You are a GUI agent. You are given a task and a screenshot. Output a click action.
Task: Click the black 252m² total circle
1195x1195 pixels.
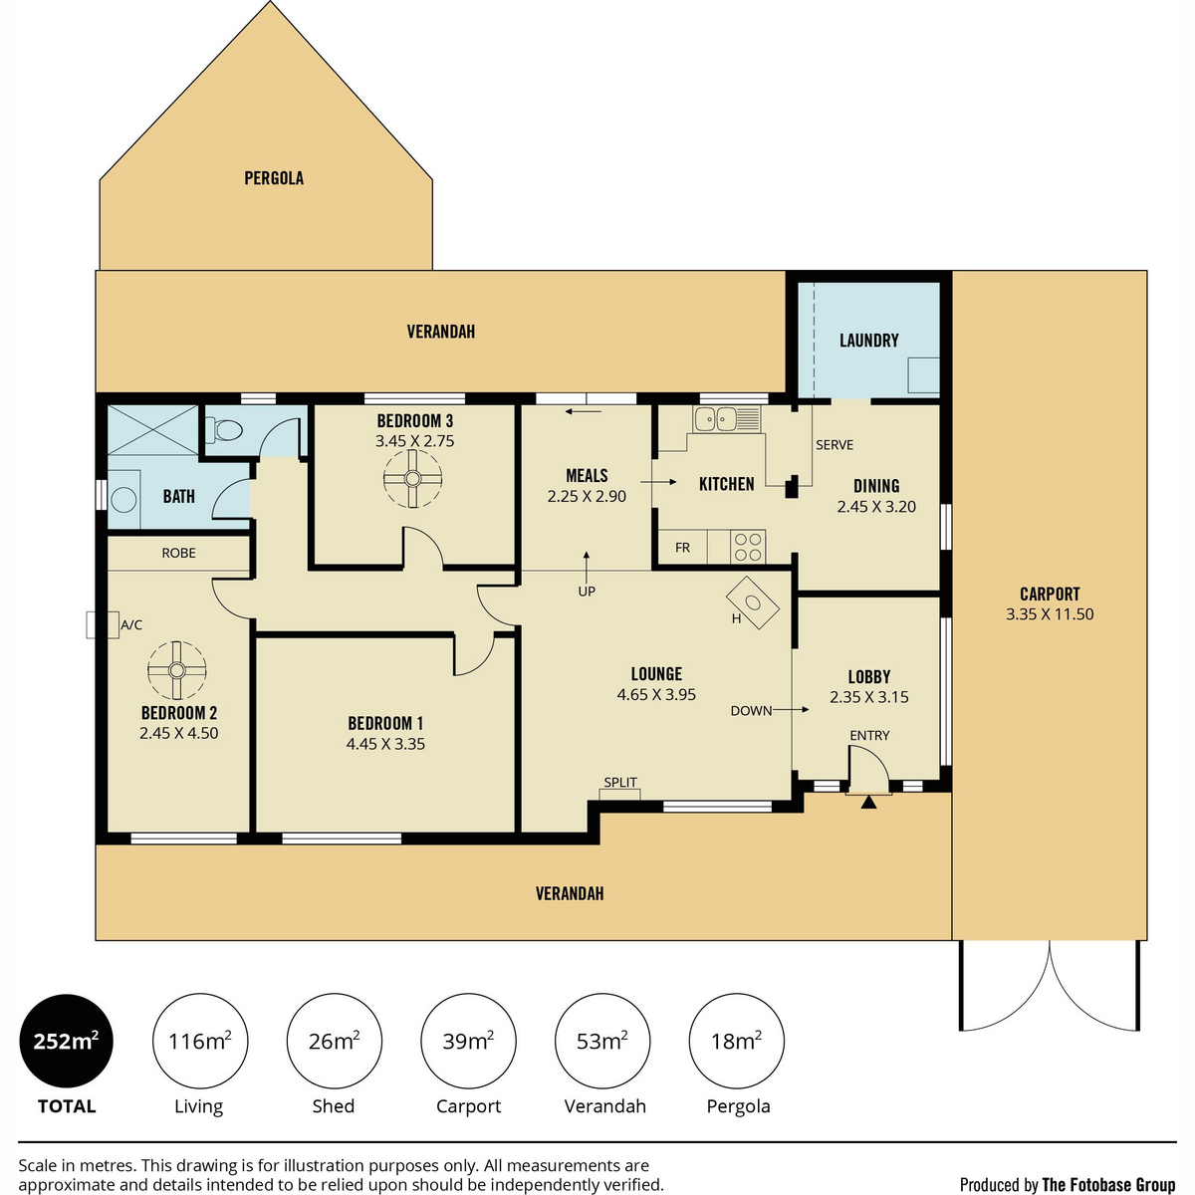tap(67, 1041)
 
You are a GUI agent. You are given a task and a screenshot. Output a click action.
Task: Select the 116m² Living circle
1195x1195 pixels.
tap(200, 1041)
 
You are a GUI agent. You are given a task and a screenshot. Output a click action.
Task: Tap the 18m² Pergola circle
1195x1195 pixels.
tap(736, 1041)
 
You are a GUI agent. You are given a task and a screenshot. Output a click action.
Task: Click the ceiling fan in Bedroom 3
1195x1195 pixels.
tap(412, 479)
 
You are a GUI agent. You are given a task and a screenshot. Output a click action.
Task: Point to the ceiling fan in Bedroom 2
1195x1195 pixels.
tap(176, 670)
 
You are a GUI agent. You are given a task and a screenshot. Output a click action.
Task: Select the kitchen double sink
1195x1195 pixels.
tap(726, 418)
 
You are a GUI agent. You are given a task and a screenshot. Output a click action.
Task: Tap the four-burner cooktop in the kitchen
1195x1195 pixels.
tap(747, 547)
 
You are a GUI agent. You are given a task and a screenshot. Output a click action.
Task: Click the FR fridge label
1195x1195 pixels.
tap(682, 548)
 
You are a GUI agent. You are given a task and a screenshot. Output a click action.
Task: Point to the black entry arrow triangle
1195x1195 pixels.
tap(868, 802)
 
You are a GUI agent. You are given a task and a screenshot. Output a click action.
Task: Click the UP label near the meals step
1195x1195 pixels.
tap(586, 592)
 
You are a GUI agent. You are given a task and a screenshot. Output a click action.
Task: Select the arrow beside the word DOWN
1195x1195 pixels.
tap(791, 709)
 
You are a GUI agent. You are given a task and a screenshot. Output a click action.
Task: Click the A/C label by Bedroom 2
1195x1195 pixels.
tap(131, 625)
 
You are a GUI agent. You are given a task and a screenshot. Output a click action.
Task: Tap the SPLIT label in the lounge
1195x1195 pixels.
tap(620, 782)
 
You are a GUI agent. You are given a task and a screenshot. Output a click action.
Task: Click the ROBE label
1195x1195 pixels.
tap(178, 553)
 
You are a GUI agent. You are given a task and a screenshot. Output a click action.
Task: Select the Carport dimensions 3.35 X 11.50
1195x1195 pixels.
tap(1050, 614)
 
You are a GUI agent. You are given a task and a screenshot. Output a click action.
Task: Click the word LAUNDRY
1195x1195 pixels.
tap(868, 340)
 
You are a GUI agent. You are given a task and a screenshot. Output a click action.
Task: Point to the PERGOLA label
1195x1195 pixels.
tap(274, 178)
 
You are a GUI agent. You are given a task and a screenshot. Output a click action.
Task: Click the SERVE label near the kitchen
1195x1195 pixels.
tap(835, 444)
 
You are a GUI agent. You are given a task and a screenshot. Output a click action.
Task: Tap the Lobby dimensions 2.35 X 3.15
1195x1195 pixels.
tap(868, 697)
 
